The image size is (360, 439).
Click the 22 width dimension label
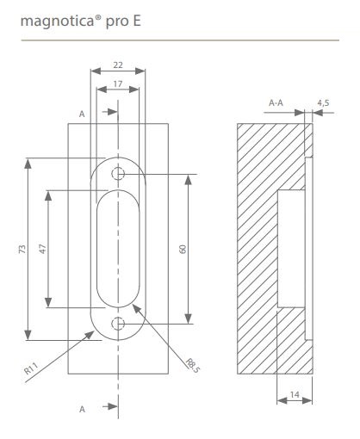click(118, 65)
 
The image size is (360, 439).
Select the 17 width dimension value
click(118, 83)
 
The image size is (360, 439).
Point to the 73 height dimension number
click(22, 249)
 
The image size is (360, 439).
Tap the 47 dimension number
click(42, 249)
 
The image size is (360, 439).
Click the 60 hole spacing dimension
click(183, 249)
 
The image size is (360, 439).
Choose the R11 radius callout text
click(31, 368)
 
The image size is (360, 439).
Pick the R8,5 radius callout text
click(192, 366)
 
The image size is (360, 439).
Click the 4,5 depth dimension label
click(323, 103)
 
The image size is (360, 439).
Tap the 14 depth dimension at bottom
click(295, 395)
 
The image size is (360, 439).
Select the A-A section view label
click(276, 102)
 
